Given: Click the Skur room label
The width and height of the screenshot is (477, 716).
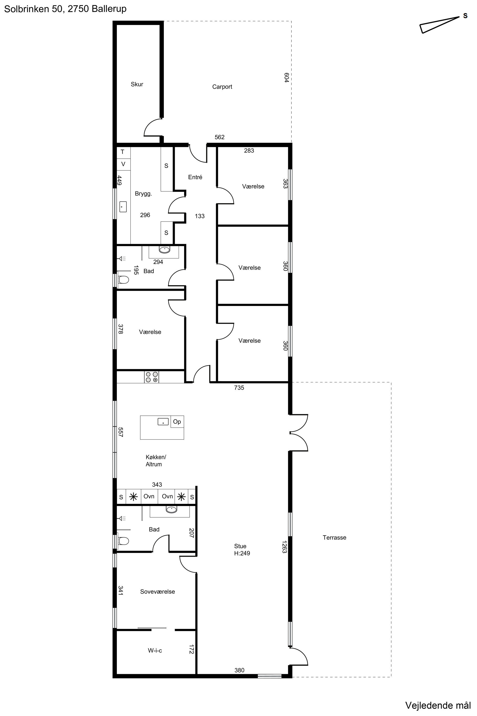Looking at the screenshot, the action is (137, 84).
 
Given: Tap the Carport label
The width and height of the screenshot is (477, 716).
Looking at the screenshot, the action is (222, 87).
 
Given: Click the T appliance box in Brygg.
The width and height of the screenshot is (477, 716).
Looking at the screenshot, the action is (124, 152).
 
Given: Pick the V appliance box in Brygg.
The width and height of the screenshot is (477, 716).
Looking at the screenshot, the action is (124, 164).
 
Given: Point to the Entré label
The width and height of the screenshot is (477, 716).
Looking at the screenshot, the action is (195, 177).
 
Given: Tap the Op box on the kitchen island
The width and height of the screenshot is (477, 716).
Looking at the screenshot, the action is (177, 422).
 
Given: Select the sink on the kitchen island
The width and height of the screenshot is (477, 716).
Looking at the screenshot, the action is (163, 422).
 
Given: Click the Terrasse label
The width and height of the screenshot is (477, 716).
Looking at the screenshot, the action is (334, 538).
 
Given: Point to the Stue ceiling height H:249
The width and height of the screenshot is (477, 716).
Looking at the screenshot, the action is (242, 553).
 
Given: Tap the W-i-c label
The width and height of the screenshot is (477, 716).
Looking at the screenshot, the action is (155, 651).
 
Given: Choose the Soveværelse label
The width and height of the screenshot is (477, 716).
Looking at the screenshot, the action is (158, 591).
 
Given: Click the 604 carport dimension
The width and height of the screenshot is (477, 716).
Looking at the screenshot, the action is (286, 78).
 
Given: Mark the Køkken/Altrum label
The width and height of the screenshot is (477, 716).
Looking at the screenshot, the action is (156, 461).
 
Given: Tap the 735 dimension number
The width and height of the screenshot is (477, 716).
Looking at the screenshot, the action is (239, 388).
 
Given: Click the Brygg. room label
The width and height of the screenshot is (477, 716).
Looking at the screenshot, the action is (144, 194).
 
